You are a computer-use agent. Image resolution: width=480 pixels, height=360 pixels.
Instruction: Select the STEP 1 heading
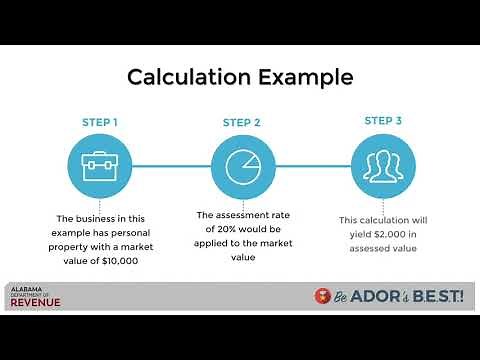[99, 123]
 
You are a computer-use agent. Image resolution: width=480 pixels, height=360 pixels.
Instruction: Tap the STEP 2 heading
[242, 123]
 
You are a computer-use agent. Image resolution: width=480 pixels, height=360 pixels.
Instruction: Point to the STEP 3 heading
[383, 121]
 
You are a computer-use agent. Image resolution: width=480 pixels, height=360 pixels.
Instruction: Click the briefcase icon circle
[99, 167]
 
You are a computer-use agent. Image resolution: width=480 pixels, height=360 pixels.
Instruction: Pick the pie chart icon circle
[242, 167]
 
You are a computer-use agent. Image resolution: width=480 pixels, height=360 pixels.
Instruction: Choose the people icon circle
[383, 167]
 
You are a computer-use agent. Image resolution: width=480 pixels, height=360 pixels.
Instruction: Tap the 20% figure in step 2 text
[229, 228]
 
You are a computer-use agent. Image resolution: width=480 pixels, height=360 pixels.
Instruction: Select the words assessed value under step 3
[383, 248]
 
